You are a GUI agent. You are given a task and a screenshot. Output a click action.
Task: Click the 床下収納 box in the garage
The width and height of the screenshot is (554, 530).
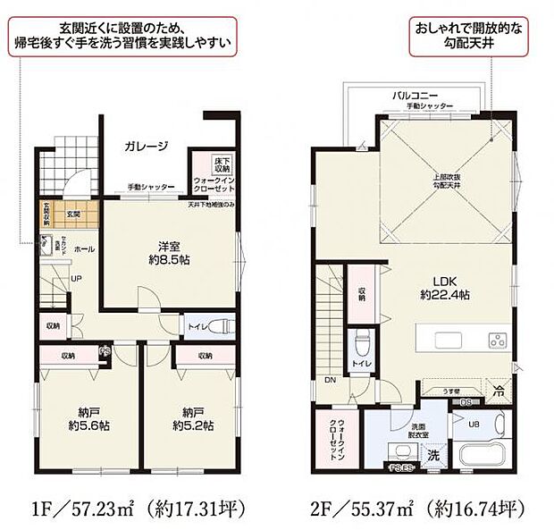[x=222, y=164]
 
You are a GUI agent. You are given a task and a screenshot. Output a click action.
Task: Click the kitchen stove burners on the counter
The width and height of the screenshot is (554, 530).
[x=497, y=340]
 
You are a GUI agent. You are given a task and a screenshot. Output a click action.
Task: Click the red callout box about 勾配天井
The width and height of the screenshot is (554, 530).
[x=474, y=36]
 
